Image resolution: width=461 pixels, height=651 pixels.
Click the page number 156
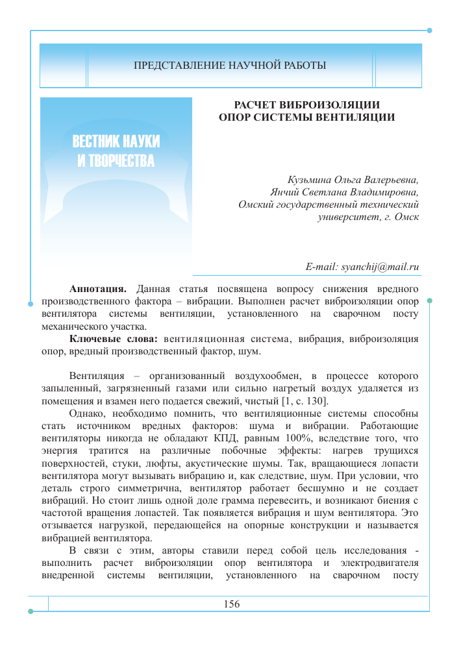pyautogui.click(x=231, y=604)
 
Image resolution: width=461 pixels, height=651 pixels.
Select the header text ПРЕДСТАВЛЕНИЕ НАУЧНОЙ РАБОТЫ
pyautogui.click(x=230, y=66)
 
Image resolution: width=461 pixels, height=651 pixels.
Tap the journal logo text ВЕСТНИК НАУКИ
pyautogui.click(x=116, y=141)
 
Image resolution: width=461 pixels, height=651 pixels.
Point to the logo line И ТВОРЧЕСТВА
pyautogui.click(x=116, y=160)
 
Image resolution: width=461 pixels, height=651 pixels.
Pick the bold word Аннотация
pyautogui.click(x=98, y=288)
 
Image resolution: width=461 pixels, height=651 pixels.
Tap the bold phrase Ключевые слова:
pyautogui.click(x=114, y=339)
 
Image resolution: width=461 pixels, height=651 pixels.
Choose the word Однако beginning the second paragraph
pyautogui.click(x=88, y=413)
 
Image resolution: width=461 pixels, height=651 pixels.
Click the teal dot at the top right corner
pyautogui.click(x=429, y=31)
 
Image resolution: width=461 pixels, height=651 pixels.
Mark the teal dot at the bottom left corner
pyautogui.click(x=31, y=611)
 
